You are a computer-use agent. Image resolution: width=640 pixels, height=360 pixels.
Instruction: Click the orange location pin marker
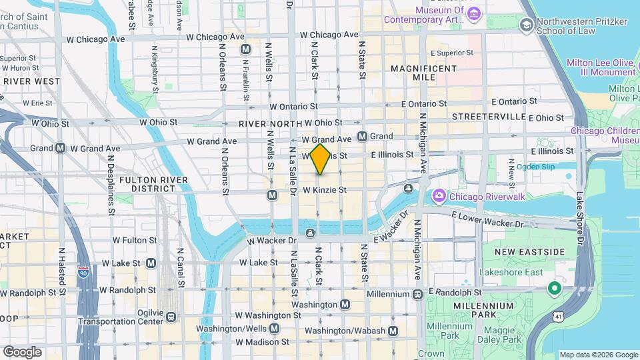pyautogui.click(x=320, y=159)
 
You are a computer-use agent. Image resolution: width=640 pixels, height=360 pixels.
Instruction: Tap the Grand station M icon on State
pyautogui.click(x=363, y=136)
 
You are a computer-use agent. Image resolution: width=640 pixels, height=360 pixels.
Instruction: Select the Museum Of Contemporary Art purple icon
pyautogui.click(x=474, y=14)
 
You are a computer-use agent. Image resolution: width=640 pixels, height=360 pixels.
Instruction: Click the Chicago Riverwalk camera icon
pyautogui.click(x=439, y=196)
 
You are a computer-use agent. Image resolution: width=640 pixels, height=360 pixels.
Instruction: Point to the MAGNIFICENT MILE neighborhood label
pyautogui.click(x=423, y=73)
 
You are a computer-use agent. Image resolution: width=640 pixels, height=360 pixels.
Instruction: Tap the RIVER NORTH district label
pyautogui.click(x=269, y=123)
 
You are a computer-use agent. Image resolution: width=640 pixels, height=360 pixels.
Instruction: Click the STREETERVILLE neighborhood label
pyautogui.click(x=489, y=117)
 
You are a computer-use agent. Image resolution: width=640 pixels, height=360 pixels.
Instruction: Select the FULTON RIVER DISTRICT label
pyautogui.click(x=147, y=185)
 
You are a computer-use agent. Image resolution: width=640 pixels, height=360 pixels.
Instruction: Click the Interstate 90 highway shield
pyautogui.click(x=83, y=274)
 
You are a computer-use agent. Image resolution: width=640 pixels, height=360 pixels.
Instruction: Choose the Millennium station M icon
pyautogui.click(x=417, y=293)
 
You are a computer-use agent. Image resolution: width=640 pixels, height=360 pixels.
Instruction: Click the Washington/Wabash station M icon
pyautogui.click(x=393, y=331)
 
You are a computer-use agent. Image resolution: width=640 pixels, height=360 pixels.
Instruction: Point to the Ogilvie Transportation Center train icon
pyautogui.click(x=171, y=317)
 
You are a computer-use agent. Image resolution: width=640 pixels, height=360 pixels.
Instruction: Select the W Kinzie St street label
pyautogui.click(x=325, y=190)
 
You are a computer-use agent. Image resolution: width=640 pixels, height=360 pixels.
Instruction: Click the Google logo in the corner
pyautogui.click(x=22, y=351)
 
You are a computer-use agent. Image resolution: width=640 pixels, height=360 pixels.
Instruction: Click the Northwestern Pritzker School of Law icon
pyautogui.click(x=527, y=25)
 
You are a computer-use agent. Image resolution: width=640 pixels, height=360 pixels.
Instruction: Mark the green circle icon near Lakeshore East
pyautogui.click(x=553, y=289)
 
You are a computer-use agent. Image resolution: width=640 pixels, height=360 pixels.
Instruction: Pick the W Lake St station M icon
pyautogui.click(x=151, y=263)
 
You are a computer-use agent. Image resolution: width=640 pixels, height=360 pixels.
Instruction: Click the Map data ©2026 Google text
pyautogui.click(x=597, y=355)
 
